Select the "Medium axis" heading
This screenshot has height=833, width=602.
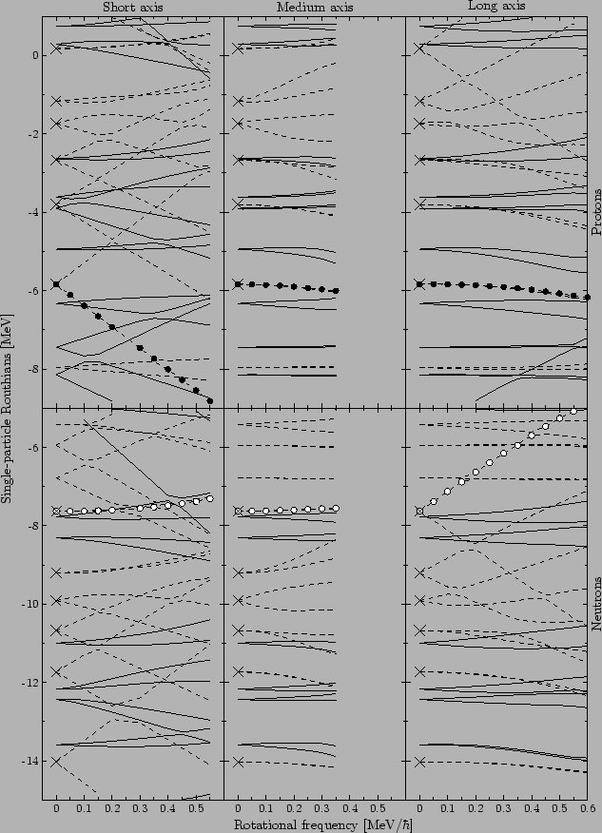point(314,8)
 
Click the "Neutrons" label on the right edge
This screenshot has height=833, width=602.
point(595,604)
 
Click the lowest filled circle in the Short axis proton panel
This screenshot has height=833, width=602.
point(209,400)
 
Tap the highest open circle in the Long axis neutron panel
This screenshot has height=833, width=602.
point(573,411)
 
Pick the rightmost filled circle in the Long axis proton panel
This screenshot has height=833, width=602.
point(587,298)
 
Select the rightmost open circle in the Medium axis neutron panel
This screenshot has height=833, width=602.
point(336,509)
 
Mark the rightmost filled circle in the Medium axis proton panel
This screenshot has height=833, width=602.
point(336,290)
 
